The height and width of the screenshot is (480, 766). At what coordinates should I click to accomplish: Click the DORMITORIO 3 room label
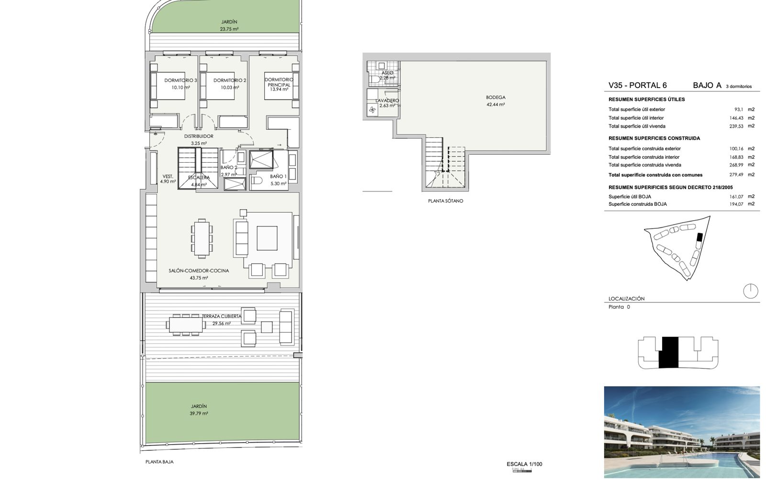[x=180, y=80]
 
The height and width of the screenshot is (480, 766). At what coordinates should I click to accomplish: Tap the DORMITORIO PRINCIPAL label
[x=279, y=82]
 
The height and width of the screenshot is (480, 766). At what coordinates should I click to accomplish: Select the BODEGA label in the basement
[x=496, y=98]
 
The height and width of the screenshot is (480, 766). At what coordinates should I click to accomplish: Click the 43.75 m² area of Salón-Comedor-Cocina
[x=199, y=278]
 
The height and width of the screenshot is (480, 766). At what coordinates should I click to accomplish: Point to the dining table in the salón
[x=202, y=238]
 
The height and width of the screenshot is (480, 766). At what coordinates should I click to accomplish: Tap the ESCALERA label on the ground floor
[x=199, y=178]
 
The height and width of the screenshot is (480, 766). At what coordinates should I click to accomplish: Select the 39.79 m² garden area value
[x=199, y=413]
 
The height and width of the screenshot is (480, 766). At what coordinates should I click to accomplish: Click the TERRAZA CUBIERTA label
[x=222, y=316]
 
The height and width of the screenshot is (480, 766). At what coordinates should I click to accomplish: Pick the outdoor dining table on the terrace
[x=186, y=325]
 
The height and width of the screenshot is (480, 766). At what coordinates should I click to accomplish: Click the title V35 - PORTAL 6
[x=637, y=85]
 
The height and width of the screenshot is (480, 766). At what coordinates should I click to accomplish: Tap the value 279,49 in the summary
[x=736, y=175]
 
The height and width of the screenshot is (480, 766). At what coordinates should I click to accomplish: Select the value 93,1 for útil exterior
[x=739, y=110]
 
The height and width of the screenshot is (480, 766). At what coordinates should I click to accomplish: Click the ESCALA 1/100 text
[x=524, y=464]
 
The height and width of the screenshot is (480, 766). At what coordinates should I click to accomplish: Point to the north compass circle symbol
[x=751, y=291]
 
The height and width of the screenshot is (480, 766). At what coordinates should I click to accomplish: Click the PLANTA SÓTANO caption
[x=446, y=201]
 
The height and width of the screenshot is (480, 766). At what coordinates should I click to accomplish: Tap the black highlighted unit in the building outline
[x=668, y=353]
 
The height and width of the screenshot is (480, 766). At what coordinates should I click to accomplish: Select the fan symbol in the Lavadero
[x=372, y=110]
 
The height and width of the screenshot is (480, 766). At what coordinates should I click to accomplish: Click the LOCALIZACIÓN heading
[x=627, y=299]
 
